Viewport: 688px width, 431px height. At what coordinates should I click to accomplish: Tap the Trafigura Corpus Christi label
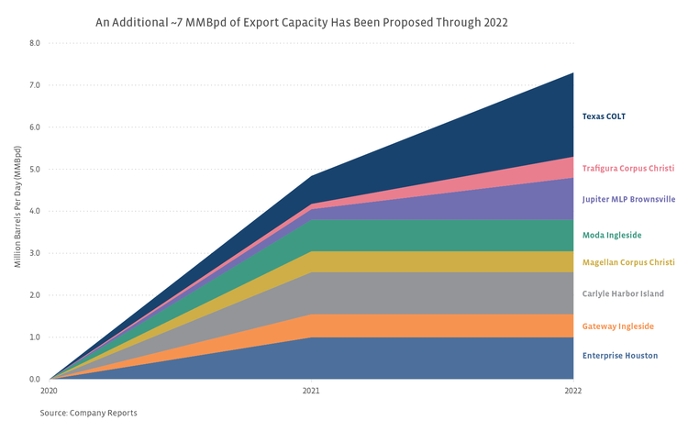[x=628, y=169]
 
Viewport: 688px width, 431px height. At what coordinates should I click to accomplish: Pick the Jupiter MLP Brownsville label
[x=628, y=198]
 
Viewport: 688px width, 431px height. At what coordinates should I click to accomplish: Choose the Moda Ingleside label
[x=612, y=235]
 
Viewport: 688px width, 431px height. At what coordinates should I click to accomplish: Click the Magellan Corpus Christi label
[x=628, y=262]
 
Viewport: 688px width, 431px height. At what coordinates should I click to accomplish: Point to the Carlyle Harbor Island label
[x=623, y=293]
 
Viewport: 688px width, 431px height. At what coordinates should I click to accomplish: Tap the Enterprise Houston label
[x=619, y=355]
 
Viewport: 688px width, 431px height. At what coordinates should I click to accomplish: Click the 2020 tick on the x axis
[x=49, y=390]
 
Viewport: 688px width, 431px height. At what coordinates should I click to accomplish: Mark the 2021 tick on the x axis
[x=312, y=390]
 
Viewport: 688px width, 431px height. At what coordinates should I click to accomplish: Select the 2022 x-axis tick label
[x=573, y=390]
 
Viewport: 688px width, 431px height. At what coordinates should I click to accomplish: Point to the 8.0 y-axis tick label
[x=34, y=43]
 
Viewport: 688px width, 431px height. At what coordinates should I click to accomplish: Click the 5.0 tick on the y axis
[x=34, y=169]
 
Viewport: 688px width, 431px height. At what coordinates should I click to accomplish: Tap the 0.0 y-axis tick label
[x=34, y=379]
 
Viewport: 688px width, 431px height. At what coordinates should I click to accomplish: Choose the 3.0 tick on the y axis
[x=34, y=253]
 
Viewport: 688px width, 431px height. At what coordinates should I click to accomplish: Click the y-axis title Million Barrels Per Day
[x=17, y=211]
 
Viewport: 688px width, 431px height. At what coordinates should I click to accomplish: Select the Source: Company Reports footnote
[x=88, y=413]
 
